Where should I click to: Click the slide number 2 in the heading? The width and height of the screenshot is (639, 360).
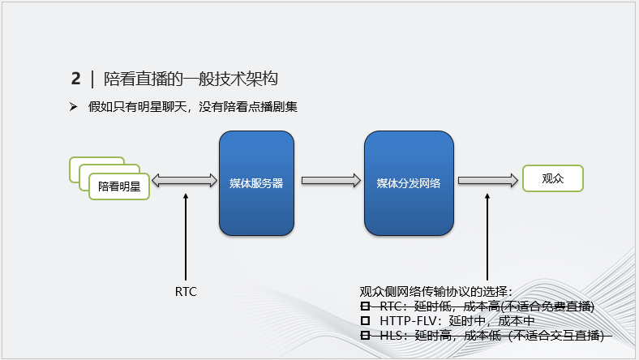click(75, 79)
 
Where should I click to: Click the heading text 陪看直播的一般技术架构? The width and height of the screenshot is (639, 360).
click(191, 79)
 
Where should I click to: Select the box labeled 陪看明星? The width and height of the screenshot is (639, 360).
click(118, 186)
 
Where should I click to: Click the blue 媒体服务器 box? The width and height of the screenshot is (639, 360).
click(256, 183)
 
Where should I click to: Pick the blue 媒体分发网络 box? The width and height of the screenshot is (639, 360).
click(408, 183)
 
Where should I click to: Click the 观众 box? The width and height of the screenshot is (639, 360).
click(552, 178)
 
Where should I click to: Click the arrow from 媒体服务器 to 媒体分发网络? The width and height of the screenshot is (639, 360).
click(331, 182)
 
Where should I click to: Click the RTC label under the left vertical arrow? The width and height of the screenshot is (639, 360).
click(186, 291)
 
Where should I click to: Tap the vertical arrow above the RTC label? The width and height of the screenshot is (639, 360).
click(186, 235)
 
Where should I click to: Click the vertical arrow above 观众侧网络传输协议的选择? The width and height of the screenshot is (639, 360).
click(487, 235)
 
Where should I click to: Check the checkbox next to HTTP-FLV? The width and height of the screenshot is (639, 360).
click(365, 321)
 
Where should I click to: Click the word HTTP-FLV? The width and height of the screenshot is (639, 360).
click(406, 321)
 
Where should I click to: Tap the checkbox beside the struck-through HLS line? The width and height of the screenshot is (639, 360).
click(365, 336)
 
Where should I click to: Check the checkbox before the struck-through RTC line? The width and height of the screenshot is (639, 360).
click(365, 306)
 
